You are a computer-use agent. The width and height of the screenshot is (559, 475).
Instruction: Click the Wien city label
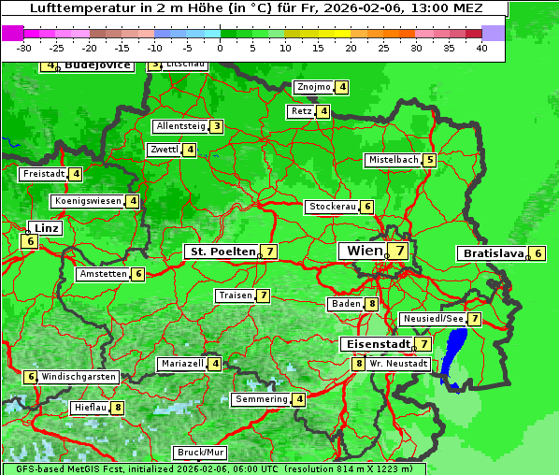click(x=365, y=251)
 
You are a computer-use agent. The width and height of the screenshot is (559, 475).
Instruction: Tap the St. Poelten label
click(x=222, y=252)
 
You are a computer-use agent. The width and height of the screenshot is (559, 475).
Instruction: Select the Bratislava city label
click(x=492, y=253)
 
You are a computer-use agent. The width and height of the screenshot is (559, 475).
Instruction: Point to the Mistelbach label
click(x=393, y=160)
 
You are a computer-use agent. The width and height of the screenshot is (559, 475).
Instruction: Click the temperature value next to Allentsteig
click(x=216, y=126)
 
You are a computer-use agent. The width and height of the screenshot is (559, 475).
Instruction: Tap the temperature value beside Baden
click(x=371, y=304)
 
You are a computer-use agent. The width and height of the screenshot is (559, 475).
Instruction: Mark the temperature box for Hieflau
click(x=118, y=408)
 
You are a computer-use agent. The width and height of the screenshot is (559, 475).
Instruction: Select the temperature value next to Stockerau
click(x=367, y=207)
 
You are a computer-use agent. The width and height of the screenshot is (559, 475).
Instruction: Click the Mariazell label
click(x=181, y=363)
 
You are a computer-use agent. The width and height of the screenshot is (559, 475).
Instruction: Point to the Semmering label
click(x=261, y=399)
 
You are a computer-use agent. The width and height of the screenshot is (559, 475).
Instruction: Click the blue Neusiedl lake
click(x=455, y=355)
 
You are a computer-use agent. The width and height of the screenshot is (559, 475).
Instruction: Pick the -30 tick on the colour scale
click(x=24, y=48)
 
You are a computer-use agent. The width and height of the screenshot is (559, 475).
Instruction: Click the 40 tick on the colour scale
click(x=481, y=48)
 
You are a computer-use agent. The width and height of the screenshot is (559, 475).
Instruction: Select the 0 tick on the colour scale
click(x=221, y=48)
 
